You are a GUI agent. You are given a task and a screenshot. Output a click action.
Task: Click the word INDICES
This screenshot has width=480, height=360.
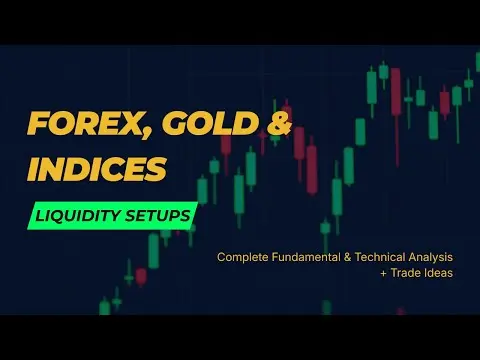(x=96, y=169)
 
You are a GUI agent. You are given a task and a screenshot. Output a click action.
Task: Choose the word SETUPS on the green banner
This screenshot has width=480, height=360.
(x=157, y=216)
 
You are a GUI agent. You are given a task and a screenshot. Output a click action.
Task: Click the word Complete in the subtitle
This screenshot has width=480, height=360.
(x=243, y=257)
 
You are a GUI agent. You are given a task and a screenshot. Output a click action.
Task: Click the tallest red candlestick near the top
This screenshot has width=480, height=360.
(x=396, y=95)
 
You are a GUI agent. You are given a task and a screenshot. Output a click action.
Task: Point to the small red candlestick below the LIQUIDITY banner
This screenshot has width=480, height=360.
(x=141, y=276)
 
